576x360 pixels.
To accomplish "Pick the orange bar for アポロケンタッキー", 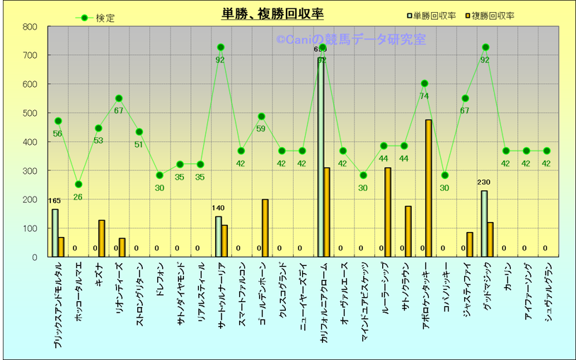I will point(429,188).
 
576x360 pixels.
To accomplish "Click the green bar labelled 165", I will point(54,233).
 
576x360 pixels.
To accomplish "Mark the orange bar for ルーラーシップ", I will point(388,212).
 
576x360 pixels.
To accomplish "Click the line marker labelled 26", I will point(78,185).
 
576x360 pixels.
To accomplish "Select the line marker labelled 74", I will point(425,83).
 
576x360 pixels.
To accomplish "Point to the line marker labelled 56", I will point(58,121).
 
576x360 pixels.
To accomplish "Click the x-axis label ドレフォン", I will point(160,279).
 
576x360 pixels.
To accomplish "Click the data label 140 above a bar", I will point(219,208).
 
